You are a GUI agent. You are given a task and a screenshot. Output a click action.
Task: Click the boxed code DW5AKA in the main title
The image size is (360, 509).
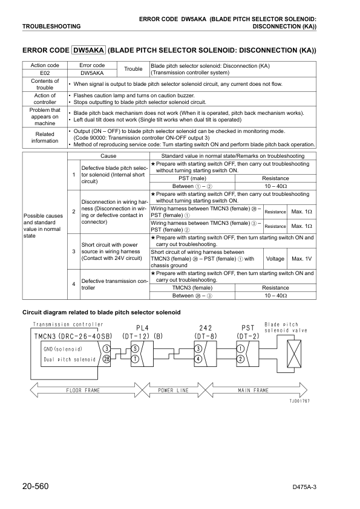[x=89, y=51]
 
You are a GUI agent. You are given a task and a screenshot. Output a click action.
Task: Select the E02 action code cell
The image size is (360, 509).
[x=45, y=73]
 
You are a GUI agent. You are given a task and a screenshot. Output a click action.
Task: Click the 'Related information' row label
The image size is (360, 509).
[x=45, y=137]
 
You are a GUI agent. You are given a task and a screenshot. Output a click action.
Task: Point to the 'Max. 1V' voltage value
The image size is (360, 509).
[x=301, y=259]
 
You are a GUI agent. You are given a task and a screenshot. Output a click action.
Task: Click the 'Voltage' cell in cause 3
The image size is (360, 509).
[x=275, y=259]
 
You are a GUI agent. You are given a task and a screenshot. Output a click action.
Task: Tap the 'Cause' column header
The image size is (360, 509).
[x=108, y=156]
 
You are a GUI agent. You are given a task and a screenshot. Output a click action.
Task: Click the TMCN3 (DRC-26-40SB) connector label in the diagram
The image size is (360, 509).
[x=73, y=336]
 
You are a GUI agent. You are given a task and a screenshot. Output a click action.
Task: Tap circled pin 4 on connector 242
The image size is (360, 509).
[x=198, y=359]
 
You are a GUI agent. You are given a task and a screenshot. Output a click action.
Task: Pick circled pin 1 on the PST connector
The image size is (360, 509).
[x=241, y=349]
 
